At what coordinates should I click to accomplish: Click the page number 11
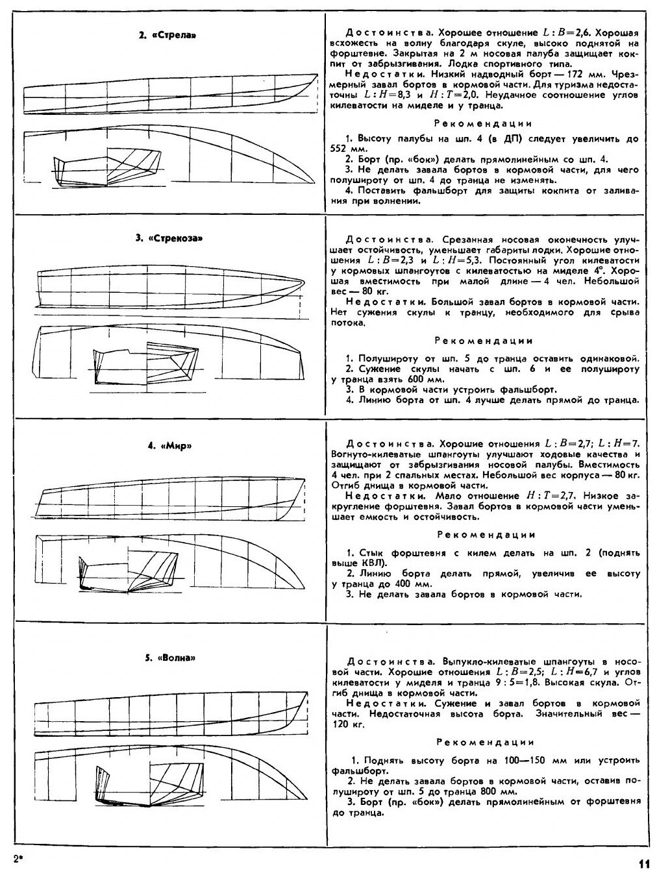tap(643, 863)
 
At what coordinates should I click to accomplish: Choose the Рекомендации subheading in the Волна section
tap(486, 741)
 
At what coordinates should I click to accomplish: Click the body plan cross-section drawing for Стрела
tap(108, 167)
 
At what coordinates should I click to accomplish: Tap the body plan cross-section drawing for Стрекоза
tap(146, 366)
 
